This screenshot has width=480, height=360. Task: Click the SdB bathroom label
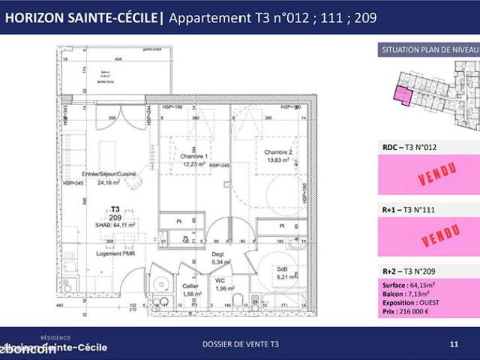282,268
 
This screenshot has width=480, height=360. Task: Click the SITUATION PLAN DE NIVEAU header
430,49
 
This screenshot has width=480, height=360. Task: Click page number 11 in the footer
453,344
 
